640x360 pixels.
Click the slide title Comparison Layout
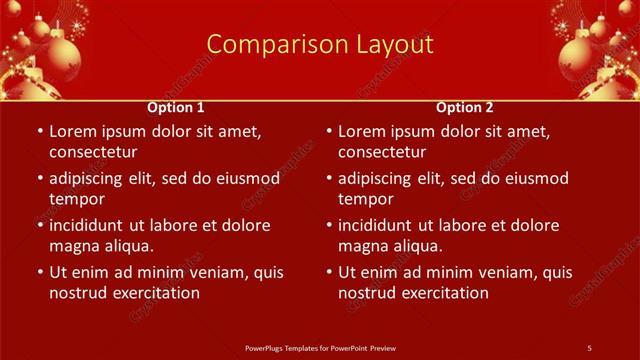tap(320, 45)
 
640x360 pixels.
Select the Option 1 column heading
tap(176, 107)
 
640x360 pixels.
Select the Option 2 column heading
tap(465, 107)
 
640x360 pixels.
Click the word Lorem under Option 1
tap(73, 131)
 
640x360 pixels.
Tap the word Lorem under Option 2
tap(362, 131)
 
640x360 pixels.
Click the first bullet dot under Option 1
tap(39, 131)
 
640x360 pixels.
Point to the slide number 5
tap(589, 347)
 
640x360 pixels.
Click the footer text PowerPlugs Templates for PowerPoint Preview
tap(320, 347)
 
